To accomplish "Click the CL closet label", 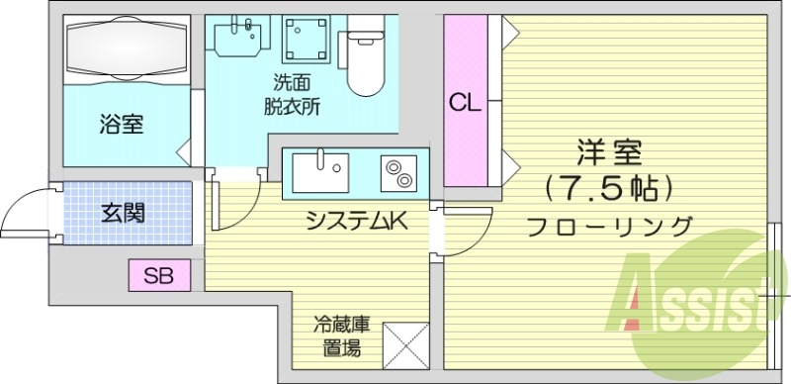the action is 465,104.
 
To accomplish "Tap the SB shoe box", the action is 159,275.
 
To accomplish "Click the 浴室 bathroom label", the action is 121,125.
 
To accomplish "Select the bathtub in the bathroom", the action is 127,49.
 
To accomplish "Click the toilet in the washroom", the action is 366,55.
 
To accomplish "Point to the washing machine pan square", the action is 307,40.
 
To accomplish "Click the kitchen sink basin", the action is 320,172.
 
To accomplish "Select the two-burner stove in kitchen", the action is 398,173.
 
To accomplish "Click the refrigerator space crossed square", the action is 405,345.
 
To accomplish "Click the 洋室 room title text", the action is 609,152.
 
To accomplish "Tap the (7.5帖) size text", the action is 609,189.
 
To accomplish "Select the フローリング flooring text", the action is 609,227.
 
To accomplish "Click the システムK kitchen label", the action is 357,220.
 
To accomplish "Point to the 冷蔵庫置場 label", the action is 342,336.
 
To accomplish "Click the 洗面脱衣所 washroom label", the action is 292,93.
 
